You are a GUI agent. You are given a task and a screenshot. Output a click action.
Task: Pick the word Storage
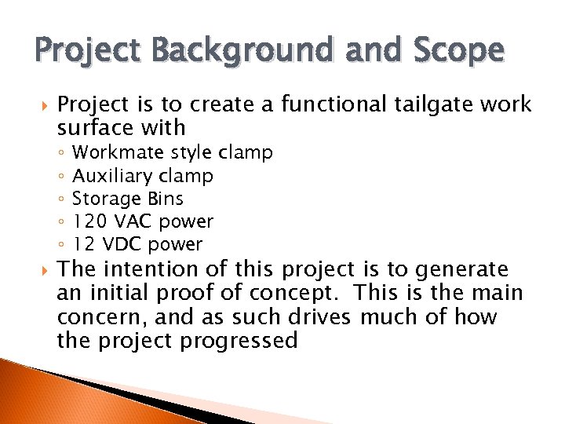(x=105, y=199)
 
